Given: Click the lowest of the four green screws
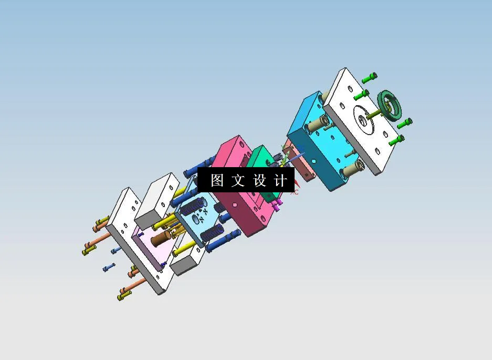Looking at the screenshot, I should click(x=397, y=140).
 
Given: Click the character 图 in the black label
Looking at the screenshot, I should click(x=217, y=181).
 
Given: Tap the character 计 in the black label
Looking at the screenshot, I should click(x=280, y=181).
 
